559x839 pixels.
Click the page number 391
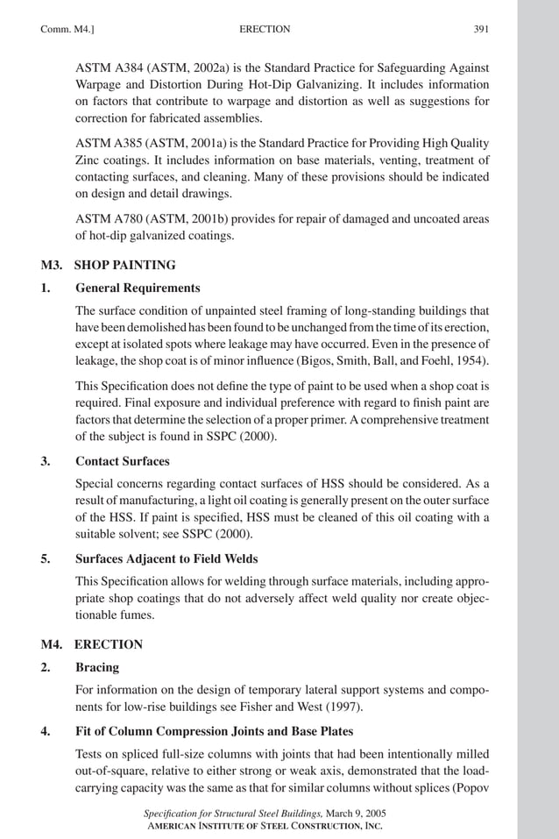click(481, 29)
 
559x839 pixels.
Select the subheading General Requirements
click(138, 288)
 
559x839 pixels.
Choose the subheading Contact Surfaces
click(123, 461)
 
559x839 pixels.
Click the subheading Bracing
click(96, 668)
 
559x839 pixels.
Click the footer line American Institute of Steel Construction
click(264, 827)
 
